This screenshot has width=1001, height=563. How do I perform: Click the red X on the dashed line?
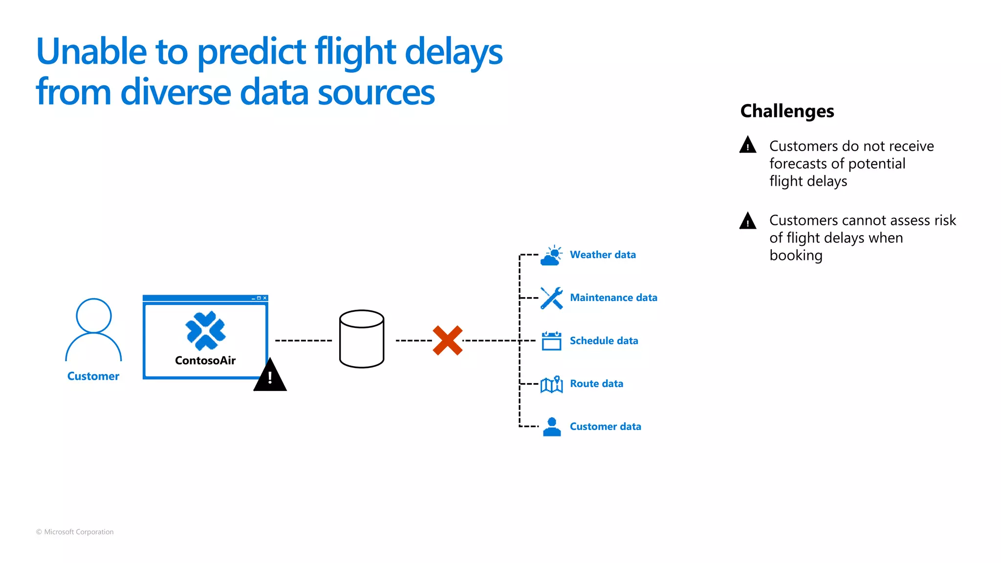(x=447, y=341)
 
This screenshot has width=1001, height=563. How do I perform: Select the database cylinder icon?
(x=362, y=339)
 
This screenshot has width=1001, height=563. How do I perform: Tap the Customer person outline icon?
(x=93, y=330)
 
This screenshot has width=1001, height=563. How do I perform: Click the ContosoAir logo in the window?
(x=205, y=331)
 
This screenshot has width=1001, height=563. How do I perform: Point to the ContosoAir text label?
(x=205, y=361)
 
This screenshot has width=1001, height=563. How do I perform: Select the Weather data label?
(x=603, y=255)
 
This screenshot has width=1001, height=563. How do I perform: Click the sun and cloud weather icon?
(x=552, y=256)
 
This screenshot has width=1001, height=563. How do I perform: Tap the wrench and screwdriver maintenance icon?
(x=552, y=298)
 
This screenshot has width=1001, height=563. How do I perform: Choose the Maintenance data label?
(x=613, y=298)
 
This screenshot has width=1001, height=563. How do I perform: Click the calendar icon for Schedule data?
(x=552, y=341)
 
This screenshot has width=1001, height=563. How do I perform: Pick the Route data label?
(x=596, y=384)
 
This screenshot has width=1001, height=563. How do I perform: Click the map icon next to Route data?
(x=552, y=385)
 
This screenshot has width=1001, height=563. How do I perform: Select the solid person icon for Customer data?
(x=552, y=427)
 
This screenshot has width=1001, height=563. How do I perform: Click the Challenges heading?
(x=787, y=111)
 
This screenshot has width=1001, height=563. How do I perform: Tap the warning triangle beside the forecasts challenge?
(x=748, y=145)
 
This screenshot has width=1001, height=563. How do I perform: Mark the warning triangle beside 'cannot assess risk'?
(x=748, y=221)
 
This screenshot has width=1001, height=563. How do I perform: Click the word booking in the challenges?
(x=796, y=256)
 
